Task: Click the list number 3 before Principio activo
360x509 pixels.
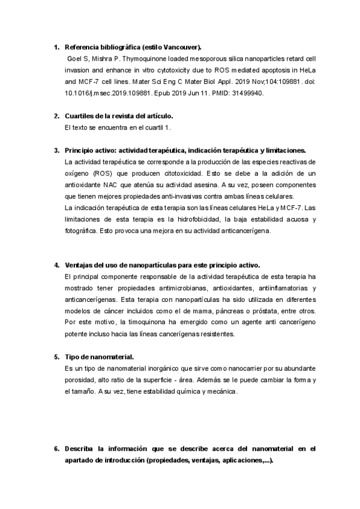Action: click(56, 150)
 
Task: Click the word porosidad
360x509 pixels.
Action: click(79, 379)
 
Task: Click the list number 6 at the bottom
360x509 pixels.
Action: click(56, 448)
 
